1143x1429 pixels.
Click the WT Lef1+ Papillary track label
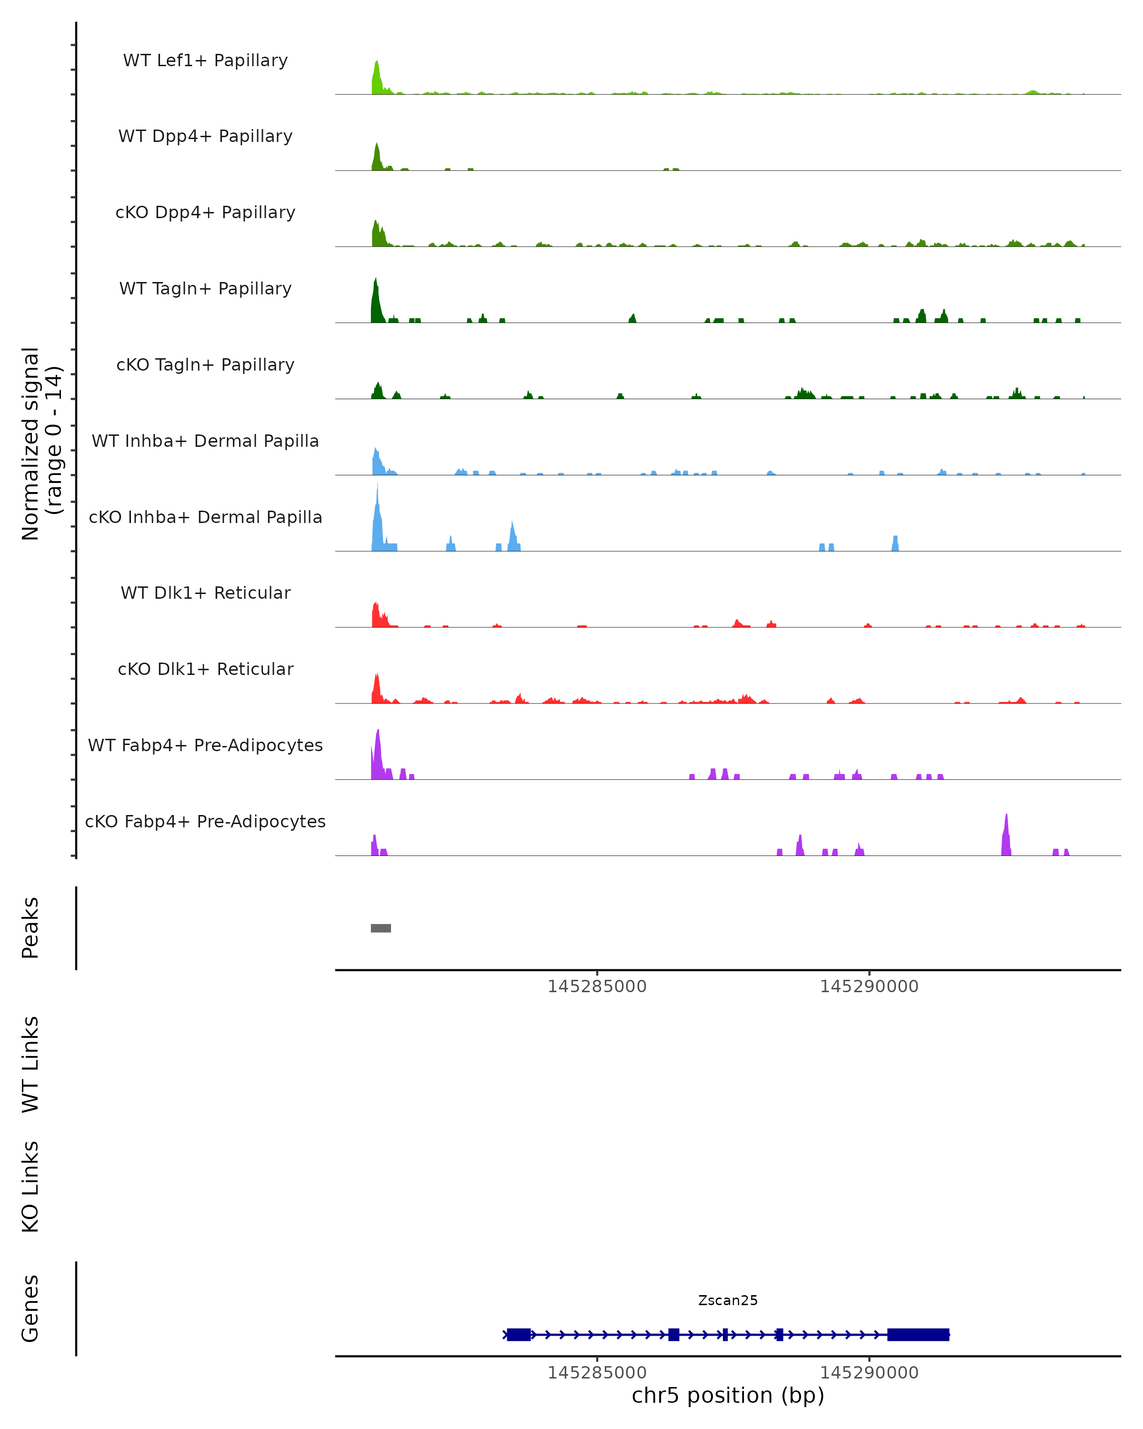click(205, 60)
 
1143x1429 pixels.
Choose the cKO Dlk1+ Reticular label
click(205, 669)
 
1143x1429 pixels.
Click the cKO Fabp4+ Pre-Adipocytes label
click(205, 821)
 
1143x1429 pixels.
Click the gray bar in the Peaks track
click(381, 928)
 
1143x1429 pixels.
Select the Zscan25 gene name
click(728, 1300)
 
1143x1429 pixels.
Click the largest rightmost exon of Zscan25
click(918, 1334)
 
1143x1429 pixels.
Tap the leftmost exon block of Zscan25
click(518, 1334)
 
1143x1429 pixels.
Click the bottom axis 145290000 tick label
click(869, 1373)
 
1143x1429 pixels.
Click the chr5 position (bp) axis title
click(728, 1396)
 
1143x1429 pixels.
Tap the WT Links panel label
click(30, 1065)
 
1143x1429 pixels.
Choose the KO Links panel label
click(30, 1187)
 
